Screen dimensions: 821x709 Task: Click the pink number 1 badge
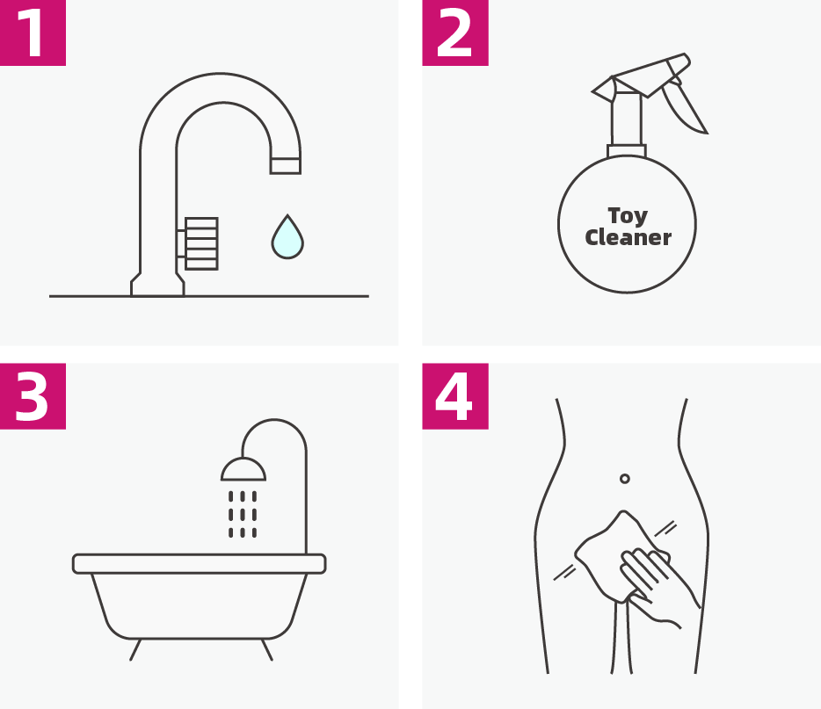pyautogui.click(x=33, y=33)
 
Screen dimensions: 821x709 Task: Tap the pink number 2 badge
pyautogui.click(x=455, y=33)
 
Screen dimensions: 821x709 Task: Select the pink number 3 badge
pyautogui.click(x=33, y=396)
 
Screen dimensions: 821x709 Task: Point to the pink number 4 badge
pyautogui.click(x=455, y=396)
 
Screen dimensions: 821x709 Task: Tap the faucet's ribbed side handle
pyautogui.click(x=201, y=244)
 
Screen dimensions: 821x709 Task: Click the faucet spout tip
pyautogui.click(x=286, y=166)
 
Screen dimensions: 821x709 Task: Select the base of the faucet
pyautogui.click(x=157, y=286)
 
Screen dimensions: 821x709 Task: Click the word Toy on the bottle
pyautogui.click(x=628, y=216)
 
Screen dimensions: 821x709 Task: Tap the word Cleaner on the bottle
pyautogui.click(x=628, y=237)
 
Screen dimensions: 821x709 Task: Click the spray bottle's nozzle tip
pyautogui.click(x=602, y=89)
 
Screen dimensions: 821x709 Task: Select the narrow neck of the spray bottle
pyautogui.click(x=626, y=119)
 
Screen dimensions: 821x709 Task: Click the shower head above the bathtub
pyautogui.click(x=243, y=469)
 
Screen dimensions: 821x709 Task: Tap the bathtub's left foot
pyautogui.click(x=135, y=649)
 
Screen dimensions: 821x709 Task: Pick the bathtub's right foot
pyautogui.click(x=267, y=649)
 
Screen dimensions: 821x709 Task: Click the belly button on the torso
pyautogui.click(x=625, y=478)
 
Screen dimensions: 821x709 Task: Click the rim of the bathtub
pyautogui.click(x=199, y=563)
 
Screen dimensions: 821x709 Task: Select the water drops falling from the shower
pyautogui.click(x=243, y=514)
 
